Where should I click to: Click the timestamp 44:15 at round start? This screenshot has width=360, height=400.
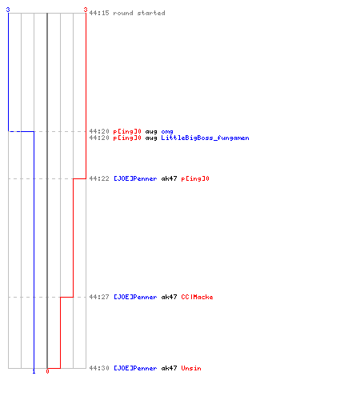tap(99, 13)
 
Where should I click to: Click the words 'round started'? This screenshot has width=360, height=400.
tap(139, 13)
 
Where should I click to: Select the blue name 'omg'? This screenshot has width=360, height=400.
tap(167, 131)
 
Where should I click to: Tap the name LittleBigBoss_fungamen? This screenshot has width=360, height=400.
tap(205, 138)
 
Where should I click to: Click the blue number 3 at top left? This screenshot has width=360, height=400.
tap(8, 10)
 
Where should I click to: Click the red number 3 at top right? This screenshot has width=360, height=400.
tap(86, 10)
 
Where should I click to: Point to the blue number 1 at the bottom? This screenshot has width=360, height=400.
tap(34, 371)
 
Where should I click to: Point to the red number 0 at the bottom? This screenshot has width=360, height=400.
tap(47, 371)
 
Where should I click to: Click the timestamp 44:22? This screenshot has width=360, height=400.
tap(99, 178)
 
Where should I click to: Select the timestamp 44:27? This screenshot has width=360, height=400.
tap(99, 297)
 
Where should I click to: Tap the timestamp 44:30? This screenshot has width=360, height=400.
tap(99, 368)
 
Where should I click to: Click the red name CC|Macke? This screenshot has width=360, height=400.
tap(197, 297)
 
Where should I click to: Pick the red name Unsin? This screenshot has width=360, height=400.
tap(191, 368)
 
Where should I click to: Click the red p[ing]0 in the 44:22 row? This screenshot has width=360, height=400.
tap(195, 178)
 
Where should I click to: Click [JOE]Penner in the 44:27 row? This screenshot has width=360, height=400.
tap(135, 297)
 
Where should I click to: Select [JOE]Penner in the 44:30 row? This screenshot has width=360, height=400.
tap(135, 368)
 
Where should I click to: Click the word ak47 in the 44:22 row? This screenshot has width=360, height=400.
tap(169, 178)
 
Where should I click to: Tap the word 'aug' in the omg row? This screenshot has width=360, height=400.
tap(151, 131)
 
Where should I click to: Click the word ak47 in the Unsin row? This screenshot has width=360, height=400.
tap(169, 368)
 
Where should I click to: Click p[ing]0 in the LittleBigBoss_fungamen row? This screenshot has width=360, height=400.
tap(127, 138)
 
